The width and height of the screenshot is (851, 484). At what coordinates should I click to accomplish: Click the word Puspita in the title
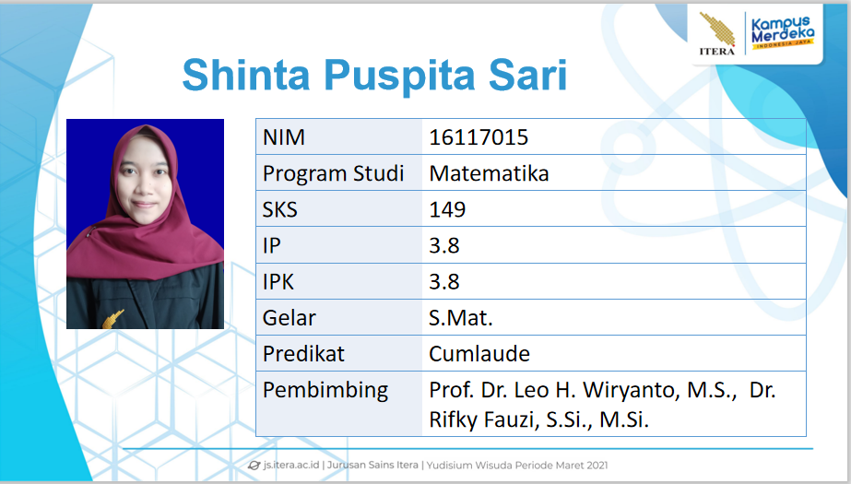[x=399, y=76]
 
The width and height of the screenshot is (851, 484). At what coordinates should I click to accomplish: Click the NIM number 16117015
[x=479, y=137]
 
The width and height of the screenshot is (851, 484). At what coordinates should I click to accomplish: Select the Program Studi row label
[x=333, y=173]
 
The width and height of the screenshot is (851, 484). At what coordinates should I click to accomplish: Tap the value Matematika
[x=489, y=173]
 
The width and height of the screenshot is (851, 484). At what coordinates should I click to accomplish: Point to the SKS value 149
[x=447, y=209]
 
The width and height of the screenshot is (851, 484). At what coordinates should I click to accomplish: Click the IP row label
[x=271, y=246]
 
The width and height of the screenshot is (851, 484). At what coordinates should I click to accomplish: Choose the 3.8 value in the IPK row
[x=444, y=281]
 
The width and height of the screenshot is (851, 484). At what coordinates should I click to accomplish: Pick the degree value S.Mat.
[x=460, y=318]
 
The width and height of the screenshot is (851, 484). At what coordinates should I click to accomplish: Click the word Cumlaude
[x=479, y=354]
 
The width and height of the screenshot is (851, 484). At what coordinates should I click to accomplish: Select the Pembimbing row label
[x=325, y=391]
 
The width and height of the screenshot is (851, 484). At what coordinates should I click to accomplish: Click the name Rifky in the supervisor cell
[x=455, y=420]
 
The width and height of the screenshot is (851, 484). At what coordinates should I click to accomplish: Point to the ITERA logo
[x=717, y=33]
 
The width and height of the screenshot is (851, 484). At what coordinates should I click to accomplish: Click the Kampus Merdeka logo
[x=782, y=32]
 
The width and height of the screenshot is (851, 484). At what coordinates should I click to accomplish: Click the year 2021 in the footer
[x=597, y=465]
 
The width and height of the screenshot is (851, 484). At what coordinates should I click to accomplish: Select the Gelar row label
[x=289, y=318]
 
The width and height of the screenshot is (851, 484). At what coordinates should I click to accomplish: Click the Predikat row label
[x=303, y=354]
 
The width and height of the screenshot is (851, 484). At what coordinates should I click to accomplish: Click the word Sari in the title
[x=527, y=75]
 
